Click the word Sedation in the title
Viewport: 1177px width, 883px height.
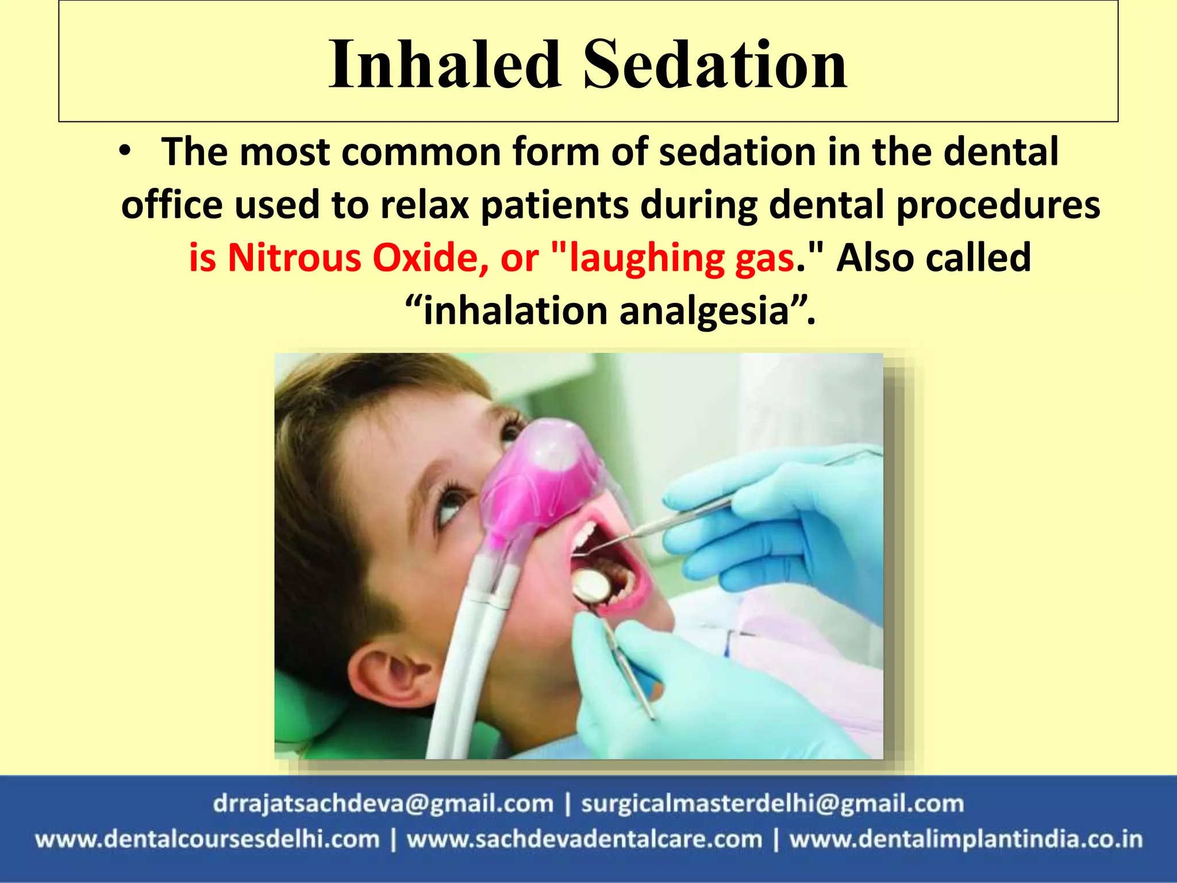click(x=715, y=64)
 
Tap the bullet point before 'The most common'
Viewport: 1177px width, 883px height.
click(x=126, y=151)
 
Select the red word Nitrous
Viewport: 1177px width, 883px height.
click(x=294, y=258)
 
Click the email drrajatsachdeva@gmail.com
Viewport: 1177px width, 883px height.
click(x=383, y=804)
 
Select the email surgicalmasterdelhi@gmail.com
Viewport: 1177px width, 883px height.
click(x=772, y=804)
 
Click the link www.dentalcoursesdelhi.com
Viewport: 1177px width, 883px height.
click(x=207, y=839)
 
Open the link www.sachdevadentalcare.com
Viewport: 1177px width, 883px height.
click(x=584, y=839)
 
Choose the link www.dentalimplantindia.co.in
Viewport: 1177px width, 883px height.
click(x=966, y=839)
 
